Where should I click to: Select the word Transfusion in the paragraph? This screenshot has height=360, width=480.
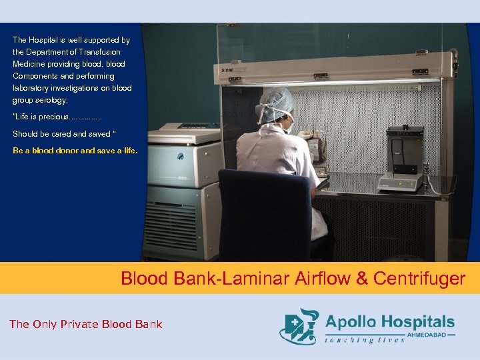(100, 52)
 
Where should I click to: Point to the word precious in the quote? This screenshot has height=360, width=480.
(50, 117)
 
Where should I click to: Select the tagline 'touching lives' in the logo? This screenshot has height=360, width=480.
(364, 340)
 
